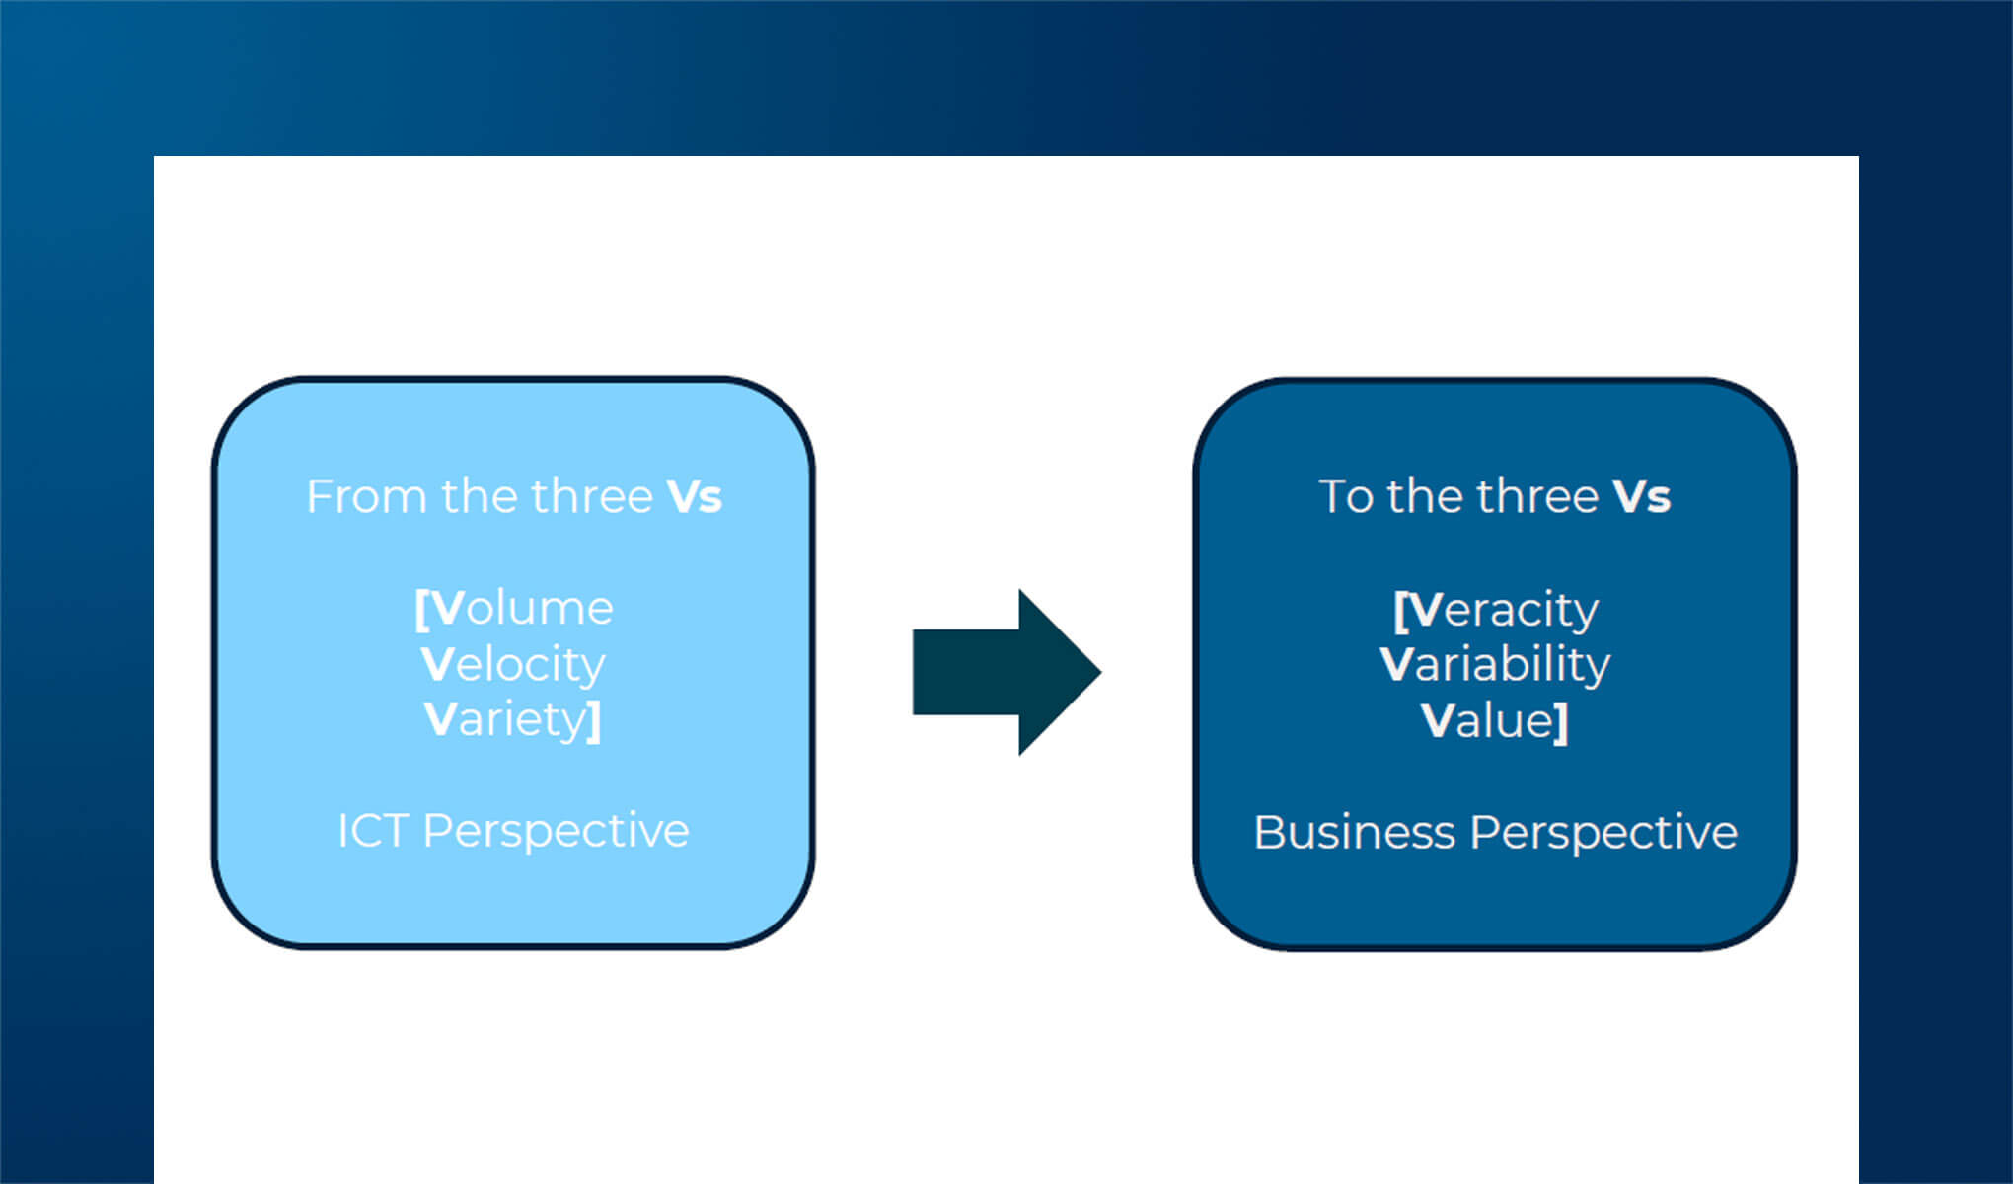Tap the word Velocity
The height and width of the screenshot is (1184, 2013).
(513, 664)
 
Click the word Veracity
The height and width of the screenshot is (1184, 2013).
(1503, 610)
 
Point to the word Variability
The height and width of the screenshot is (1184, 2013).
(1495, 664)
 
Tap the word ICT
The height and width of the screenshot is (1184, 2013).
(372, 831)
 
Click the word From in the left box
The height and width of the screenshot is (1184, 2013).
(366, 496)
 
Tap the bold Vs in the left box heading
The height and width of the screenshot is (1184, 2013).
(695, 496)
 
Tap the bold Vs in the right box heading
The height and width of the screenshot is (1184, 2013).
(1641, 496)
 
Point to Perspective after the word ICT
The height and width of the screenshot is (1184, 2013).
(556, 831)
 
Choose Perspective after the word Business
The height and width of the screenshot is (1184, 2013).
(1603, 833)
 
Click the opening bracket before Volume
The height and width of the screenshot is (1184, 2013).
(421, 610)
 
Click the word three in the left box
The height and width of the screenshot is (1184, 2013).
(592, 496)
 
